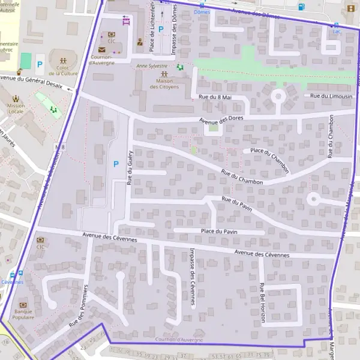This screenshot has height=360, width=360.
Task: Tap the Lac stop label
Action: pos(336,31)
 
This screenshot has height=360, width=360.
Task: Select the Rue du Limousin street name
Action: pos(331,96)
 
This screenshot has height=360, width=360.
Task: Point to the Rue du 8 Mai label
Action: pos(215,97)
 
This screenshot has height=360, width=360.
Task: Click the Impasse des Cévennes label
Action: pos(192,277)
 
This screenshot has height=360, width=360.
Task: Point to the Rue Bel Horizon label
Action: pos(262,303)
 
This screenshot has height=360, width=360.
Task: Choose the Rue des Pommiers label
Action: pos(78,306)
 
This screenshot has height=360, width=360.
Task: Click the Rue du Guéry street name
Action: pos(130,166)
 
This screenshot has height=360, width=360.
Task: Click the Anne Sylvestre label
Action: pos(152,66)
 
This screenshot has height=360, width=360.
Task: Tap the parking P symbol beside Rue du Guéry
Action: pos(115,163)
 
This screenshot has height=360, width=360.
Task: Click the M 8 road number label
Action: pos(59,146)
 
